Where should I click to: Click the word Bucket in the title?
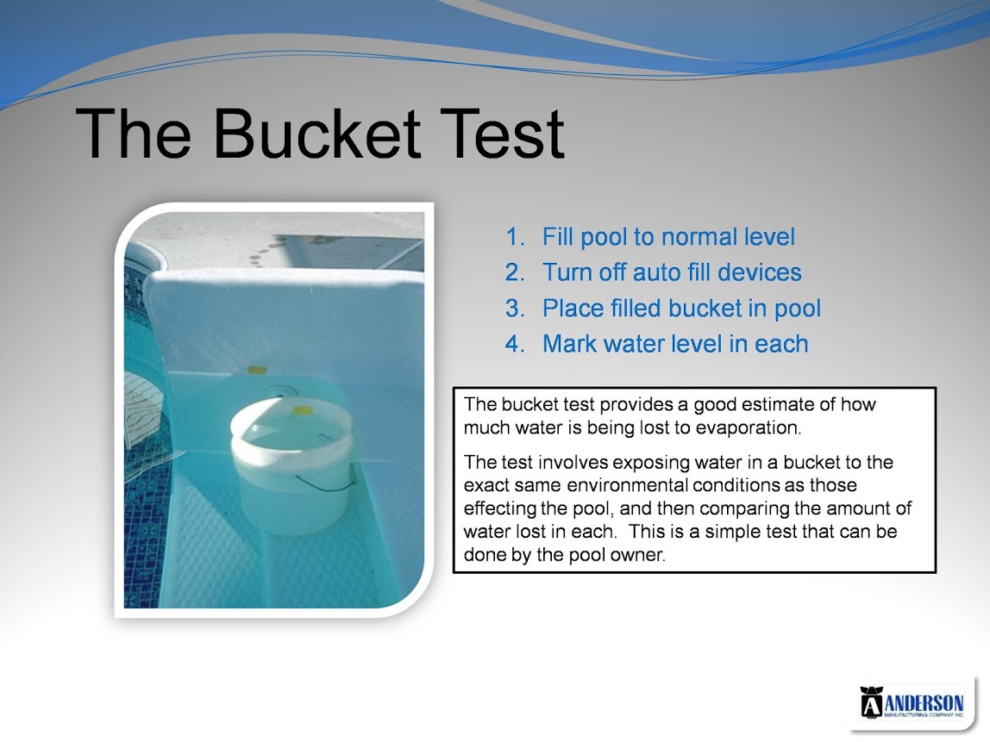317,134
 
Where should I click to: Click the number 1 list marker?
515,237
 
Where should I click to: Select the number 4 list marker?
515,344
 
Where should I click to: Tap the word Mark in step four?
569,344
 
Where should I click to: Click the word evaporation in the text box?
749,428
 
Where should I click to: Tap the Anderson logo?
912,701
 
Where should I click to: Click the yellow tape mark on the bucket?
303,411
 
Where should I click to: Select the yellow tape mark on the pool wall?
257,370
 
